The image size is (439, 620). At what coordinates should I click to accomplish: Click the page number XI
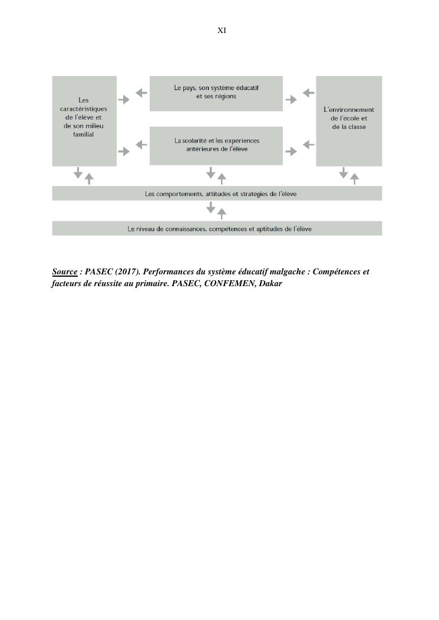222,30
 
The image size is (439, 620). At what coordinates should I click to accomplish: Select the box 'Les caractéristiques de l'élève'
84,121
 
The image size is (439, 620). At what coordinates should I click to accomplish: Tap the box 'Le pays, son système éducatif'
216,93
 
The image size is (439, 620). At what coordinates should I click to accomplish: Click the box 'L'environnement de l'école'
349,121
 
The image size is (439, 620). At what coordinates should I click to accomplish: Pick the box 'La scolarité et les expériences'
216,145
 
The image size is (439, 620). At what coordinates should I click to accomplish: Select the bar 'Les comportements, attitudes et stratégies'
217,194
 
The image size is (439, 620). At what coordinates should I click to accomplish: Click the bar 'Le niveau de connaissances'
217,228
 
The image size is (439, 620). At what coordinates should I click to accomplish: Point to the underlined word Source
65,272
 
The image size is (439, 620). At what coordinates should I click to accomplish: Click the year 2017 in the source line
124,272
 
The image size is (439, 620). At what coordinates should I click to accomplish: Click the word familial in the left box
84,135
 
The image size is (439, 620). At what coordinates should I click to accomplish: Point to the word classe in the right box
357,127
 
